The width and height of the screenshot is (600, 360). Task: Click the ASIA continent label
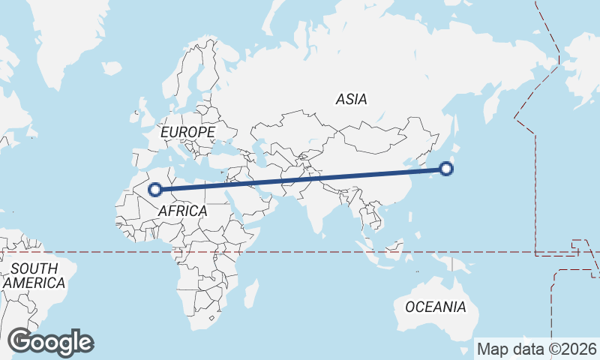[x=351, y=99]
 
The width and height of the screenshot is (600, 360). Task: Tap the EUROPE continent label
[x=187, y=132]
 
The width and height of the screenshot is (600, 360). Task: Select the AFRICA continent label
[x=182, y=211]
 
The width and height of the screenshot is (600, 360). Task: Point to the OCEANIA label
[x=435, y=307]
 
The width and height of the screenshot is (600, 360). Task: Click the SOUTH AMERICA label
[x=34, y=276]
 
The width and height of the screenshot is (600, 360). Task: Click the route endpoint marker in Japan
[x=446, y=169]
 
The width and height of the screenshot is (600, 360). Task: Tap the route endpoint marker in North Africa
[x=155, y=190]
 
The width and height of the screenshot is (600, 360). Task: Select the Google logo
[x=50, y=342]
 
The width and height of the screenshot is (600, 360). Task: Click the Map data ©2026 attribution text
[x=537, y=349]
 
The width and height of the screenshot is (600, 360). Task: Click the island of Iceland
[x=111, y=68]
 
